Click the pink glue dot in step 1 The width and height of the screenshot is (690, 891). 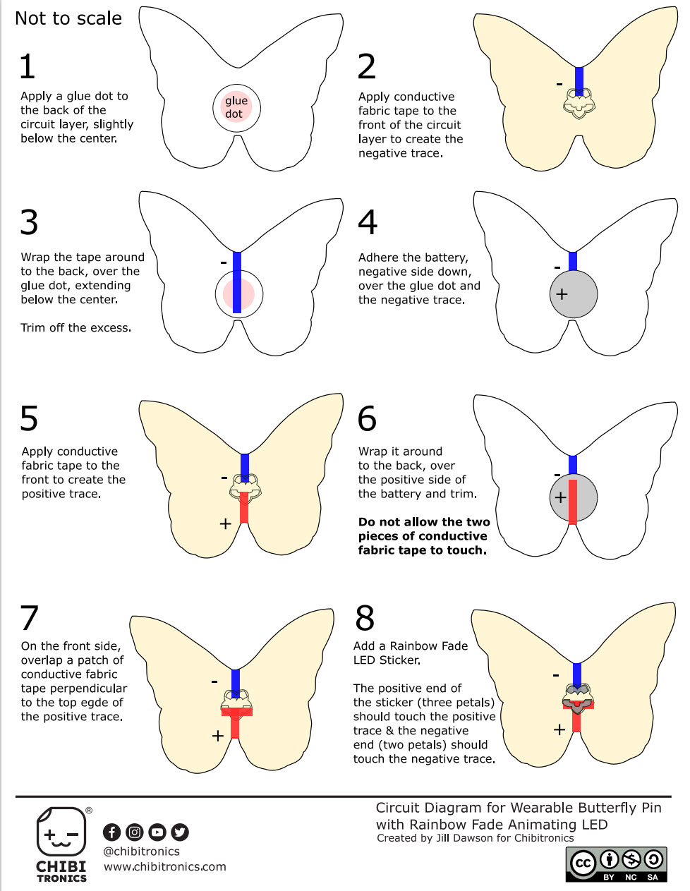(x=236, y=108)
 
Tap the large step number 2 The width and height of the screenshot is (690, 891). (x=366, y=66)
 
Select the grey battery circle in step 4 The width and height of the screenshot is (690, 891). (x=573, y=293)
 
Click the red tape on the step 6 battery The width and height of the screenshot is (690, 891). (x=573, y=502)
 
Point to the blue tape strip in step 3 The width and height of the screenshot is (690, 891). (x=237, y=282)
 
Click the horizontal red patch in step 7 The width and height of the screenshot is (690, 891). (x=236, y=712)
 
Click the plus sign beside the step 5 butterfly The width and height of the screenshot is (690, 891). (x=225, y=523)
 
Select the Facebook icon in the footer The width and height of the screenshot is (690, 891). (x=111, y=832)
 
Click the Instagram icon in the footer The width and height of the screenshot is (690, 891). (x=135, y=832)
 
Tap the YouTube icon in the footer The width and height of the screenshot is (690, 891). (x=157, y=832)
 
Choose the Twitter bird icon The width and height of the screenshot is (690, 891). (x=180, y=832)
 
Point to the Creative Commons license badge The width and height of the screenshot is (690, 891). (x=616, y=864)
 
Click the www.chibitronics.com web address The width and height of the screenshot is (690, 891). (x=165, y=866)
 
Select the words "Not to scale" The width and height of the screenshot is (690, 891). (x=68, y=18)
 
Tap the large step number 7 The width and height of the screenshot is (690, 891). (x=29, y=618)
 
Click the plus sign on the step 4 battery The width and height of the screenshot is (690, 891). (x=562, y=294)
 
